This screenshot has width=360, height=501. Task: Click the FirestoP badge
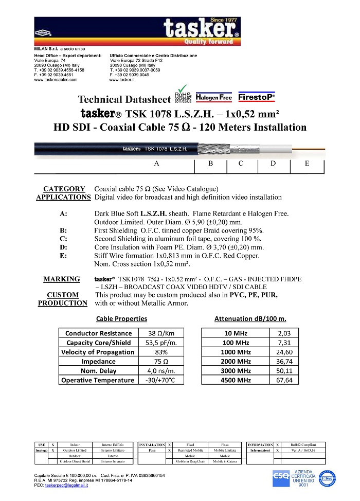tap(257, 96)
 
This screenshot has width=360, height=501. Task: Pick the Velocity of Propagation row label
tap(98, 352)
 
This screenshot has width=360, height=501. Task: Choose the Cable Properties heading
tap(121, 319)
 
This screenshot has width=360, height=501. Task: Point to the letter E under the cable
tap(307, 164)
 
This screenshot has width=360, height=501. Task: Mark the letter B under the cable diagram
tap(211, 164)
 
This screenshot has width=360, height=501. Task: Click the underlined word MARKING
tap(61, 279)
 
